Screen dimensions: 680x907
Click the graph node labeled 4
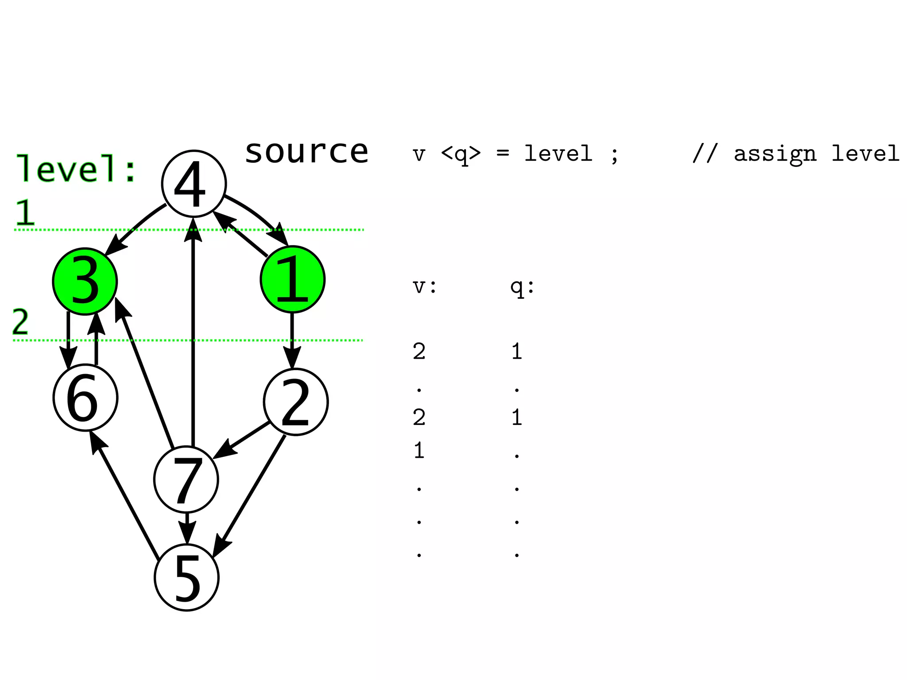click(x=194, y=184)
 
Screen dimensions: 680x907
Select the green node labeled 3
click(x=85, y=282)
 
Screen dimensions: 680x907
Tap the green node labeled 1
click(x=293, y=279)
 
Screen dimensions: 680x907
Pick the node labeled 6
click(x=85, y=397)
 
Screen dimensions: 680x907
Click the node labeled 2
click(x=296, y=402)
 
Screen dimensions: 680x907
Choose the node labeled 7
click(x=186, y=480)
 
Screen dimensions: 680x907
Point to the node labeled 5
click(x=187, y=578)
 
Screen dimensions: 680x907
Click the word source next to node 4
click(x=306, y=151)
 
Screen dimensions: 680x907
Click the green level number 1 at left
click(x=25, y=212)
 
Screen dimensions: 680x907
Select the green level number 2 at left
click(x=20, y=322)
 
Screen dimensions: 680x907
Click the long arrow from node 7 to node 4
click(x=193, y=336)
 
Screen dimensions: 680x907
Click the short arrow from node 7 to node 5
click(x=187, y=528)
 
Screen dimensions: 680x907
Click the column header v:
click(x=424, y=286)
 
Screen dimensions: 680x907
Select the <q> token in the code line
click(x=461, y=154)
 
